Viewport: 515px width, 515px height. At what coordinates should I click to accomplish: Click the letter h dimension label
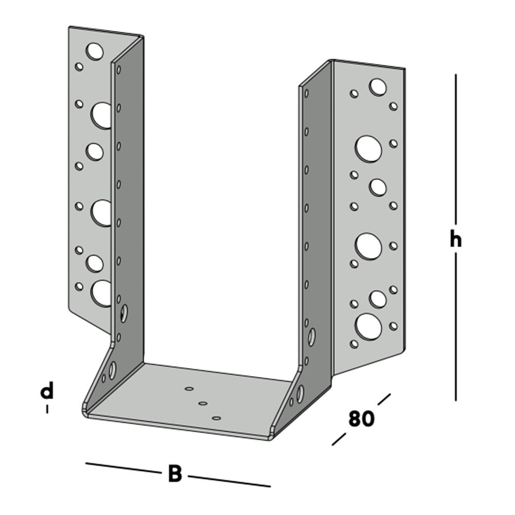(455, 239)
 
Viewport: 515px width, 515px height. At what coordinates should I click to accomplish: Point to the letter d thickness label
(47, 391)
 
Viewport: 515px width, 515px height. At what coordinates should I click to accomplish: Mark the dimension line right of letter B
(229, 480)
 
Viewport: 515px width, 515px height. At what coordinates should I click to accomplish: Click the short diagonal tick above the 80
(384, 400)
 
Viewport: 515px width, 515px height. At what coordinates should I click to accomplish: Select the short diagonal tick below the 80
(338, 439)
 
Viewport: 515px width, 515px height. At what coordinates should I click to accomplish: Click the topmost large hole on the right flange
(377, 87)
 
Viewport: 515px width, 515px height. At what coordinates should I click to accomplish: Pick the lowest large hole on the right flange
(368, 327)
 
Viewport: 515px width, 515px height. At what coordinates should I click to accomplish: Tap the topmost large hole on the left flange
(94, 51)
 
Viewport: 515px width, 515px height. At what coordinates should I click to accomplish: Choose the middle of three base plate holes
(203, 404)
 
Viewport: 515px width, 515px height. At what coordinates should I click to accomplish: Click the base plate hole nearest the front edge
(217, 419)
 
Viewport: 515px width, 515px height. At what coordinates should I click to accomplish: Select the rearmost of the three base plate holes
(189, 389)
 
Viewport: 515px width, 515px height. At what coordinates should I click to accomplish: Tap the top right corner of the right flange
(404, 68)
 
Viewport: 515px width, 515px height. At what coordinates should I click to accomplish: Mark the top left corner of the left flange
(70, 27)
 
